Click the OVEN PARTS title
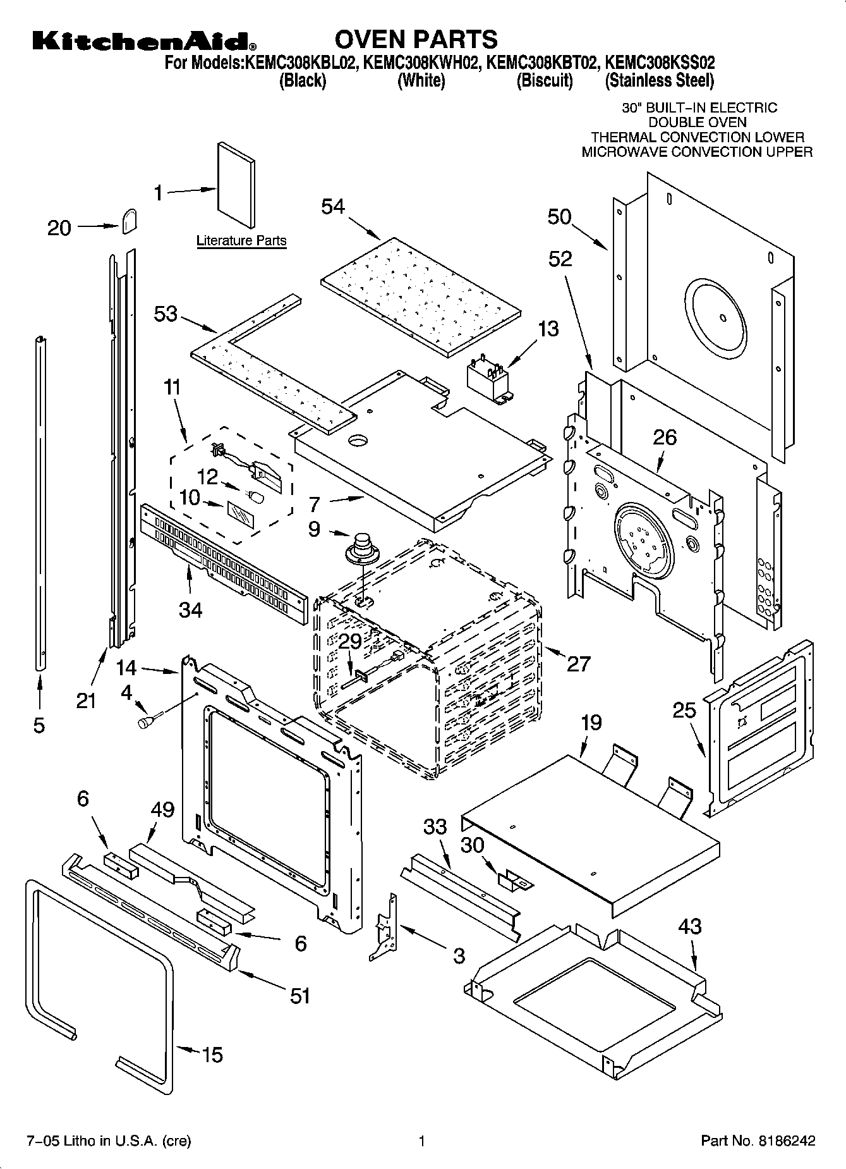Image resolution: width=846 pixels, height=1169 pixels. [416, 39]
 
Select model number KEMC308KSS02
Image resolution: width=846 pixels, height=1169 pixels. [660, 63]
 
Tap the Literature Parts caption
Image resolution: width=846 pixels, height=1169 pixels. [241, 240]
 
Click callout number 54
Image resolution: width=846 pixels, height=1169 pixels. [333, 206]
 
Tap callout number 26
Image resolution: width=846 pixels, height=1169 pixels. [665, 437]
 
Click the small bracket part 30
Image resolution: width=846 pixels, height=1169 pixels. [515, 880]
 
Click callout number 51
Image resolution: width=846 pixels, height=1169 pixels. [300, 996]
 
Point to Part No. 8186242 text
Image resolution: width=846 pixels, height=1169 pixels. [758, 1141]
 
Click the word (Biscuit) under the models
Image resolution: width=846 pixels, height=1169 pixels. [544, 80]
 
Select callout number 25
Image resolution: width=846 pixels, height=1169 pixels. [684, 711]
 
